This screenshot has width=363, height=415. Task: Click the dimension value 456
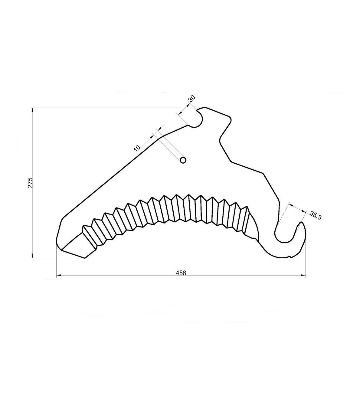(x=181, y=273)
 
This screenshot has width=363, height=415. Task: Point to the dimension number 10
(x=137, y=148)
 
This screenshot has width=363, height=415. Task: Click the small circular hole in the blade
(x=183, y=160)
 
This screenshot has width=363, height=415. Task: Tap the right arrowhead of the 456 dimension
(x=303, y=275)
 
